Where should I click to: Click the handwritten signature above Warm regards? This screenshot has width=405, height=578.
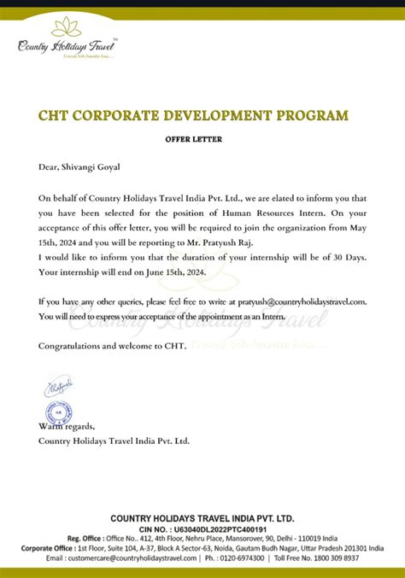point(59,388)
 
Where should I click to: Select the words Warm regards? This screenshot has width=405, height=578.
point(67,425)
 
